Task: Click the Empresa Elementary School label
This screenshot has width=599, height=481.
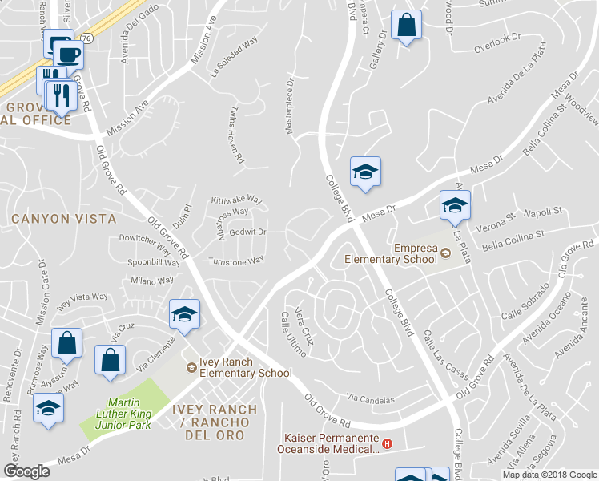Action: [390, 253]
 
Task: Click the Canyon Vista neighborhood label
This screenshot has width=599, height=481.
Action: [63, 218]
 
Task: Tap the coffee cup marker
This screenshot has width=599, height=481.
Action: [69, 55]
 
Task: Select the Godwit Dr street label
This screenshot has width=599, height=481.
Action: [247, 232]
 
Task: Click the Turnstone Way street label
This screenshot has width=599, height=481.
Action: [235, 261]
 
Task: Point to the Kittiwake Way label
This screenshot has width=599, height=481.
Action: [236, 199]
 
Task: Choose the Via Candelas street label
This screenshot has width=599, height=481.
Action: [371, 398]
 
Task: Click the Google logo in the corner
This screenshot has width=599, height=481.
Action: [26, 471]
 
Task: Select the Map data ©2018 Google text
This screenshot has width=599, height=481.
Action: [549, 475]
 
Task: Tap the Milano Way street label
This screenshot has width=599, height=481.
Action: [153, 281]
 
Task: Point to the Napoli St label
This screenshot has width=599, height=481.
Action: [544, 214]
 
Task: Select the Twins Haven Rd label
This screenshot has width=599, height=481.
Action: [237, 135]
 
